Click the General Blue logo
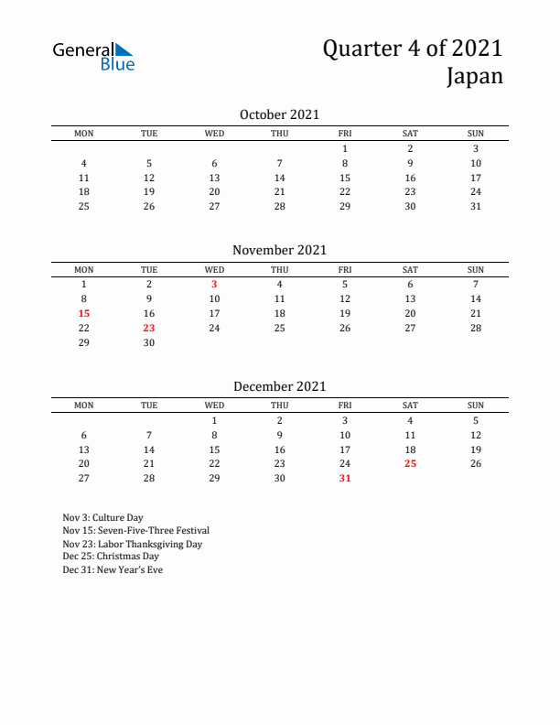(x=93, y=56)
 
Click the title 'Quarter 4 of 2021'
(x=413, y=48)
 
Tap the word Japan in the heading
(x=475, y=76)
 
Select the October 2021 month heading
(x=279, y=114)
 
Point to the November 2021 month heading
(x=279, y=250)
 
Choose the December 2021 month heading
(x=279, y=386)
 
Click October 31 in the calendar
(x=476, y=206)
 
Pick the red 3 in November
(x=214, y=284)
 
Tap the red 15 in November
(x=83, y=313)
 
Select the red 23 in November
(x=149, y=328)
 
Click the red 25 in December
(x=410, y=463)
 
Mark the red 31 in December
(x=345, y=478)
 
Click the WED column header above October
(x=214, y=134)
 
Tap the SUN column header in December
(x=476, y=406)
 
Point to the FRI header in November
(x=345, y=269)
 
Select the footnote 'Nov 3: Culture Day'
(x=102, y=517)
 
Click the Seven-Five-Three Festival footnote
(x=135, y=530)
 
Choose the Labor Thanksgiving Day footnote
(x=132, y=544)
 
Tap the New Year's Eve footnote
(x=113, y=569)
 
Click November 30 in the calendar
(x=149, y=342)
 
